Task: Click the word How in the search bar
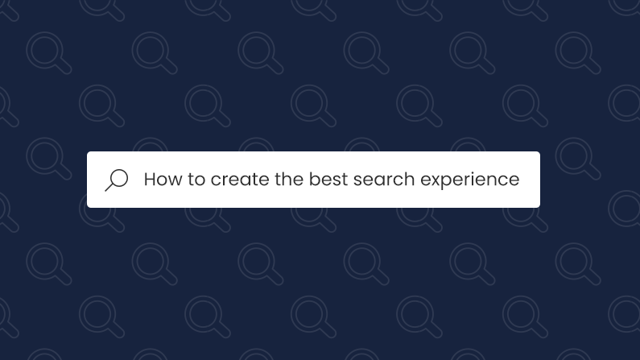[163, 179]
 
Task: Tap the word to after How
[197, 179]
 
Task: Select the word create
[240, 179]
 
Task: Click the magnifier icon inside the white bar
[117, 180]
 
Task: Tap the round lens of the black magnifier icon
[119, 177]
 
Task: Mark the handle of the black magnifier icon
[109, 188]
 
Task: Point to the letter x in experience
[436, 180]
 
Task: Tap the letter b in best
[314, 179]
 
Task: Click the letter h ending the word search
[410, 179]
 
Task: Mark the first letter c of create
[216, 180]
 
